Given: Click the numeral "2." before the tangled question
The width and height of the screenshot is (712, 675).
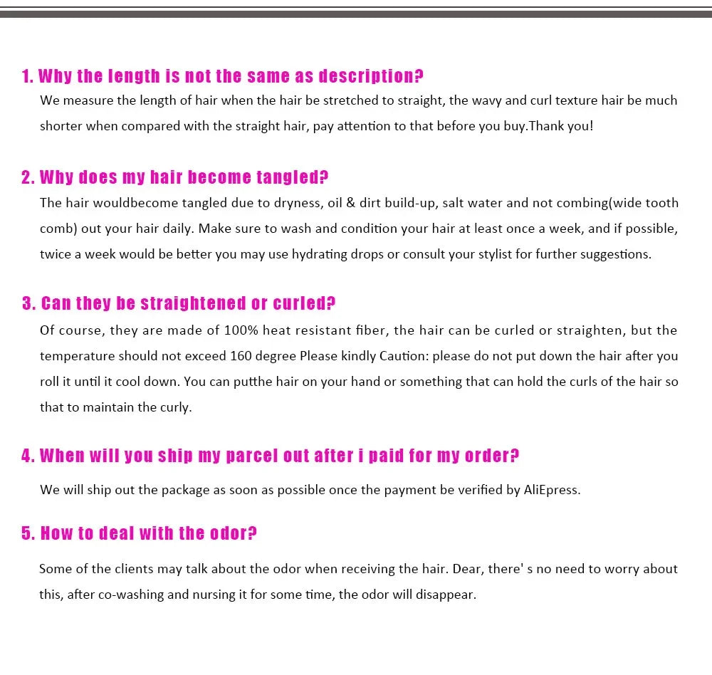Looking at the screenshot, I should pos(28,177).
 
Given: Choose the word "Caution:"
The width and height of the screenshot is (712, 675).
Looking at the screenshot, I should pos(403,356).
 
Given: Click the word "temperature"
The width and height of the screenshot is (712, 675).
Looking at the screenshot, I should pos(77,356).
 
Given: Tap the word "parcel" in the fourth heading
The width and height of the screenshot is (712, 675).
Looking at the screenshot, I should pos(252,456).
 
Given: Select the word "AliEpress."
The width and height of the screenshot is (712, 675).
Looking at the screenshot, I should pos(552,490).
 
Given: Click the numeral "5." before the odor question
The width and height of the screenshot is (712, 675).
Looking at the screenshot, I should pos(28,533).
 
